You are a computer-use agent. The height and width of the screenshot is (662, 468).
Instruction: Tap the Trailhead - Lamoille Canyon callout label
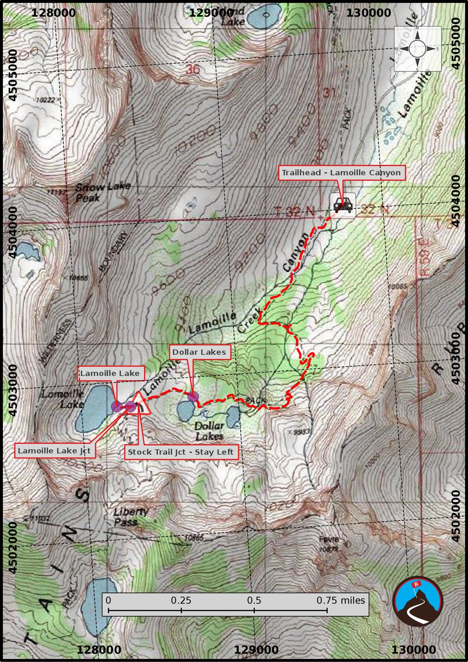click(341, 173)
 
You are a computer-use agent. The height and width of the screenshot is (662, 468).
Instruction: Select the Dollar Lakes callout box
click(199, 352)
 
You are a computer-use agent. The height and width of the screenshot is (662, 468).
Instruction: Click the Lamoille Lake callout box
click(110, 373)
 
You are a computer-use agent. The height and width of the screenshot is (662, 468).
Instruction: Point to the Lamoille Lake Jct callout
click(54, 451)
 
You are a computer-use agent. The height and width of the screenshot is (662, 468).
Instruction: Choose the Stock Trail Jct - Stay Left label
click(181, 452)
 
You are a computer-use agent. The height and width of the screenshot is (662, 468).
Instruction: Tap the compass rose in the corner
click(418, 49)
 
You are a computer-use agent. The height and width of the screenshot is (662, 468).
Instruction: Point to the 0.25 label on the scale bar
click(181, 600)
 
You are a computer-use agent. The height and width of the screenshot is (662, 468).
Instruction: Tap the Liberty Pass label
click(130, 516)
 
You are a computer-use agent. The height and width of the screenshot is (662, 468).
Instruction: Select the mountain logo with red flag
click(418, 600)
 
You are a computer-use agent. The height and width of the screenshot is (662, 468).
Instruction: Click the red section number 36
click(193, 69)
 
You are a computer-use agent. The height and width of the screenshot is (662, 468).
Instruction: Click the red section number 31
click(329, 92)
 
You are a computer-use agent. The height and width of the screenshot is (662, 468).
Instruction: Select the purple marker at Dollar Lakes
click(193, 397)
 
